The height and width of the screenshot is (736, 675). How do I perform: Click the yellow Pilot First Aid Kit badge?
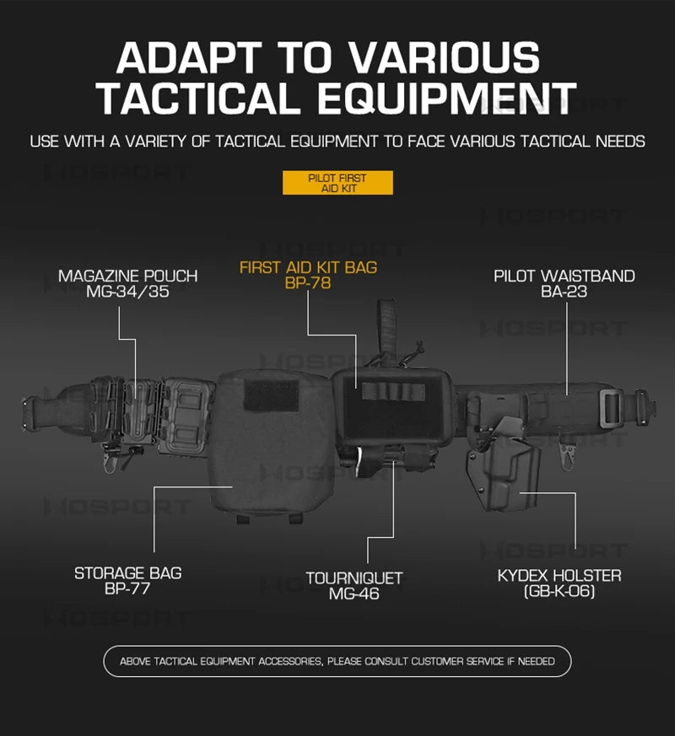coord(337,183)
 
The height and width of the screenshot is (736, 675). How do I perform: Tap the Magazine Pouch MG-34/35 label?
coord(127,283)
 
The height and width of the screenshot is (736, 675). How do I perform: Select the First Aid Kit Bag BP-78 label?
coord(308,275)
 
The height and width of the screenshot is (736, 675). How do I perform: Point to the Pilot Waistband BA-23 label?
coord(564,283)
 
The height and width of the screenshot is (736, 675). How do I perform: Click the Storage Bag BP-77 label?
coord(127,581)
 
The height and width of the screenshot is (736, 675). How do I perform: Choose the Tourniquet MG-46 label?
coord(354,586)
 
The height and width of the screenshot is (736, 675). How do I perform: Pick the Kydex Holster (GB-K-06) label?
coord(559,583)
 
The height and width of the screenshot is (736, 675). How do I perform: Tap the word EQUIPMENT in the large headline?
coord(446,98)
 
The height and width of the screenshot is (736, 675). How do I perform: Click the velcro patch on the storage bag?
coord(272,395)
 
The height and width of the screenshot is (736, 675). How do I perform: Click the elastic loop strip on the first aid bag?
coord(393,392)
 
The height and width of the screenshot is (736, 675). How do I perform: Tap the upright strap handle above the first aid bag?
coord(387,329)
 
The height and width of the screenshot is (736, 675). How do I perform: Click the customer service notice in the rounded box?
coord(337,661)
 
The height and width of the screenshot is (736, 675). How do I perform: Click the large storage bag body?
coord(271,444)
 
